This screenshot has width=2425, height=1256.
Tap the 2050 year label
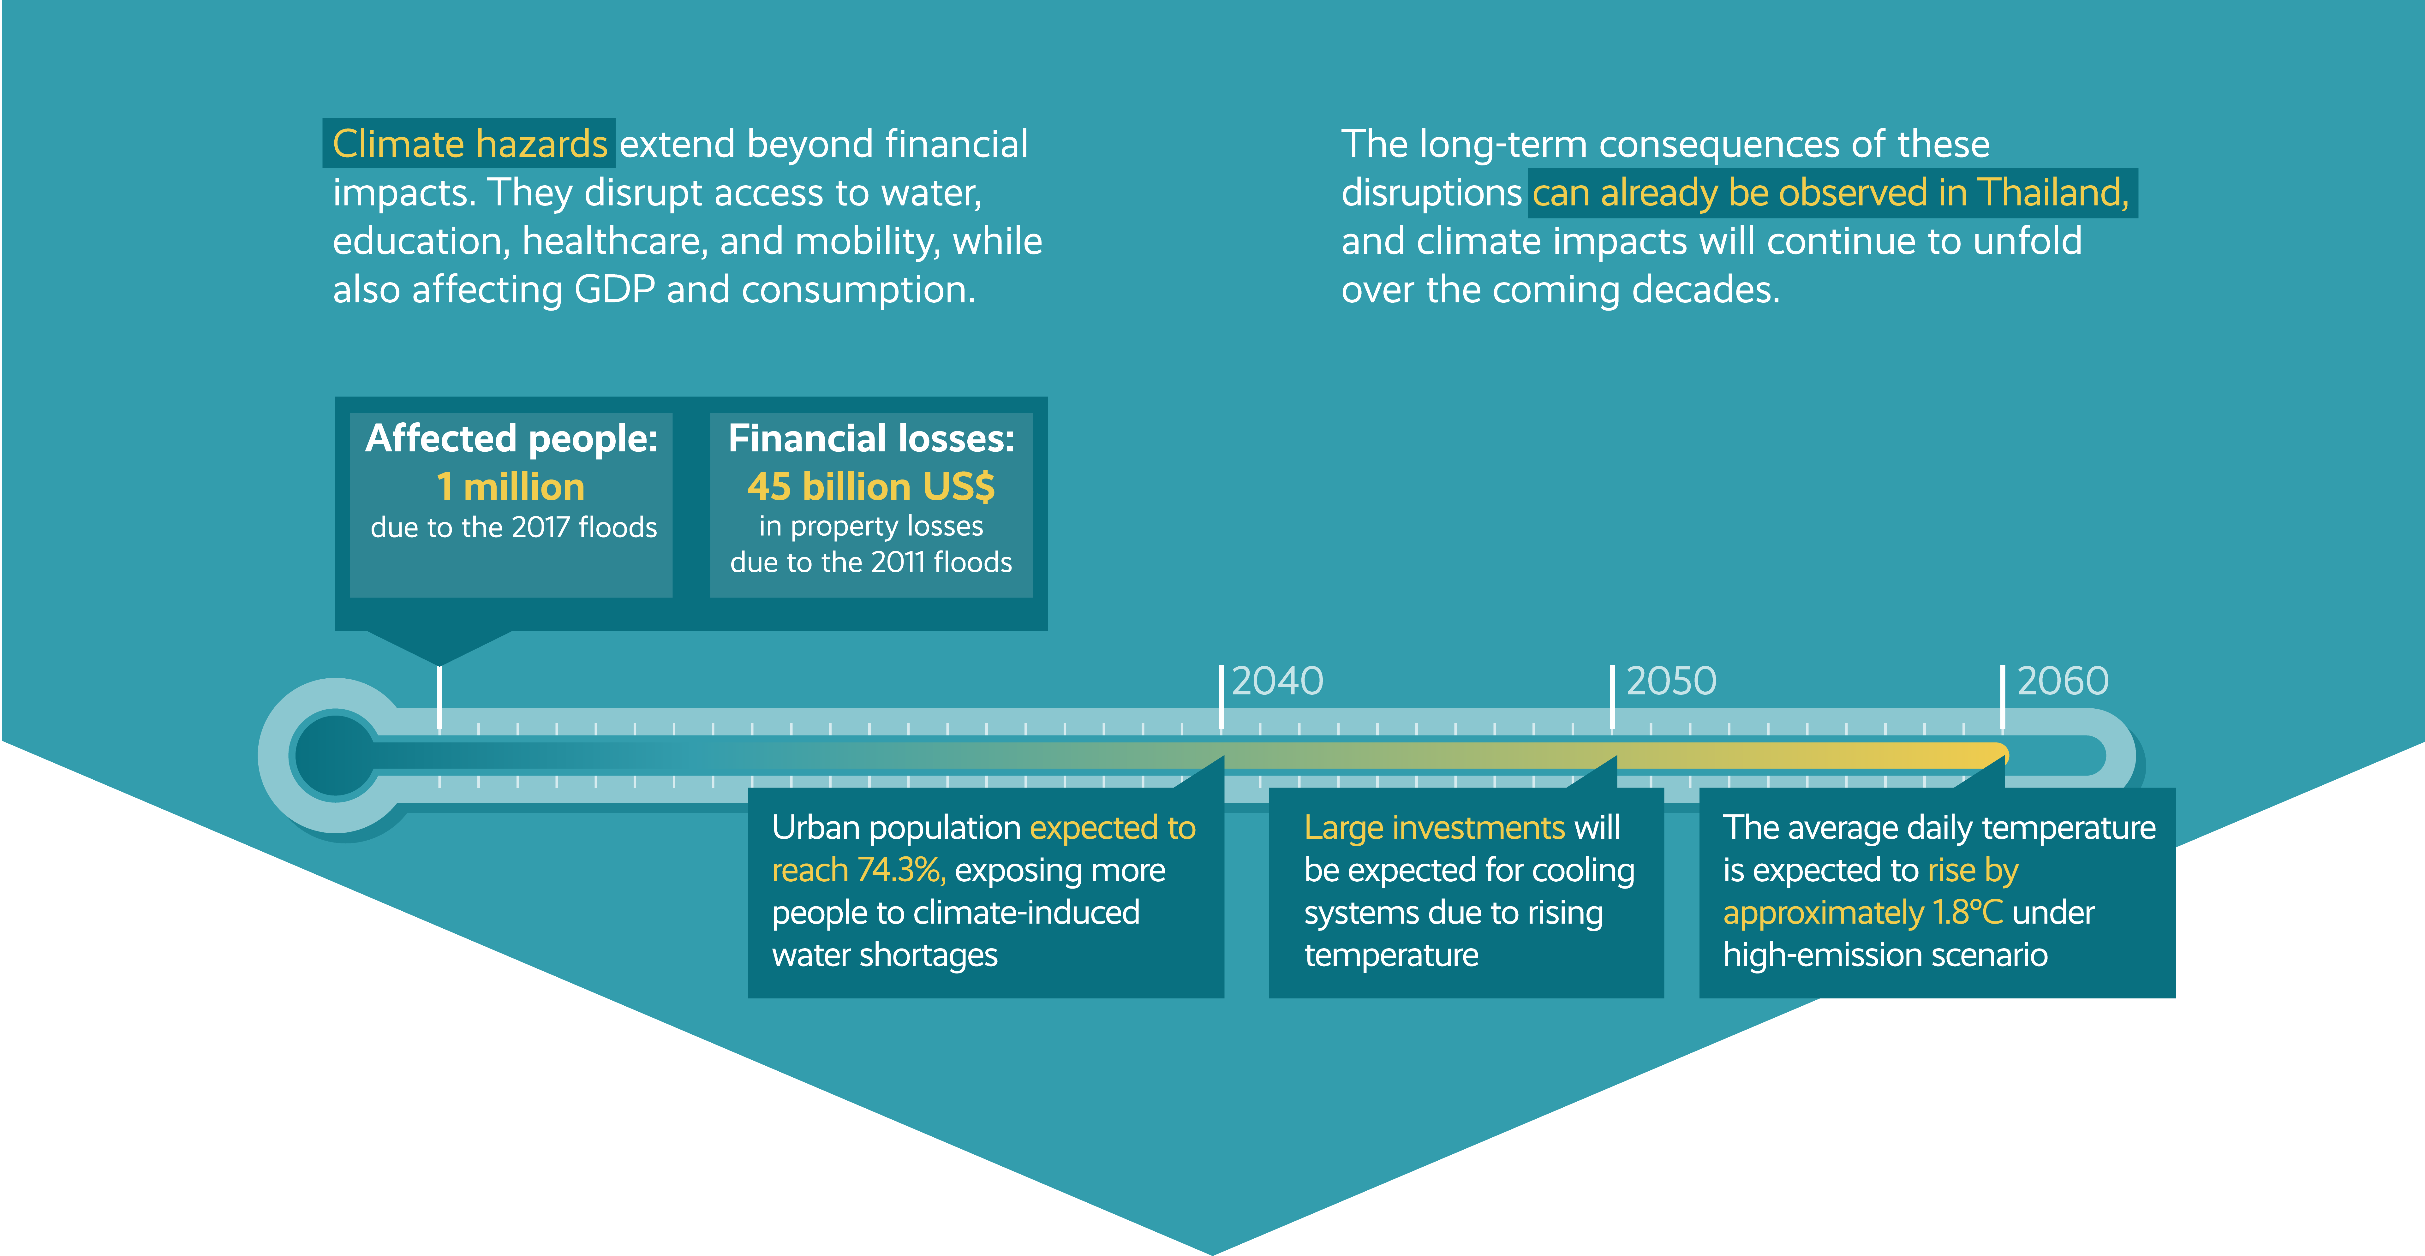pos(1671,681)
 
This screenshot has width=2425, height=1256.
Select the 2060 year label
pos(2063,681)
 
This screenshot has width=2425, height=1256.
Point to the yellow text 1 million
pos(510,487)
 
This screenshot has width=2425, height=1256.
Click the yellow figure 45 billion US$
pos(871,487)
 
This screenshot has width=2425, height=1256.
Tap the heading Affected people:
pos(511,439)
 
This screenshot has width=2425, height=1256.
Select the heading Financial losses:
pos(871,439)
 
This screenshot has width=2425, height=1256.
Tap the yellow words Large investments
pos(1434,828)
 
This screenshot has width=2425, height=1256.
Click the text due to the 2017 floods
pos(513,527)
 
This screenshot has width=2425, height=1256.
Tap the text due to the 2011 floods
pos(871,562)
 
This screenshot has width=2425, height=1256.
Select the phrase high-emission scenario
pos(1884,955)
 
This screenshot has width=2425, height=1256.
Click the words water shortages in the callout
pos(884,955)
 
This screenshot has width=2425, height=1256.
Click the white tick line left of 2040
pos(1221,697)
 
